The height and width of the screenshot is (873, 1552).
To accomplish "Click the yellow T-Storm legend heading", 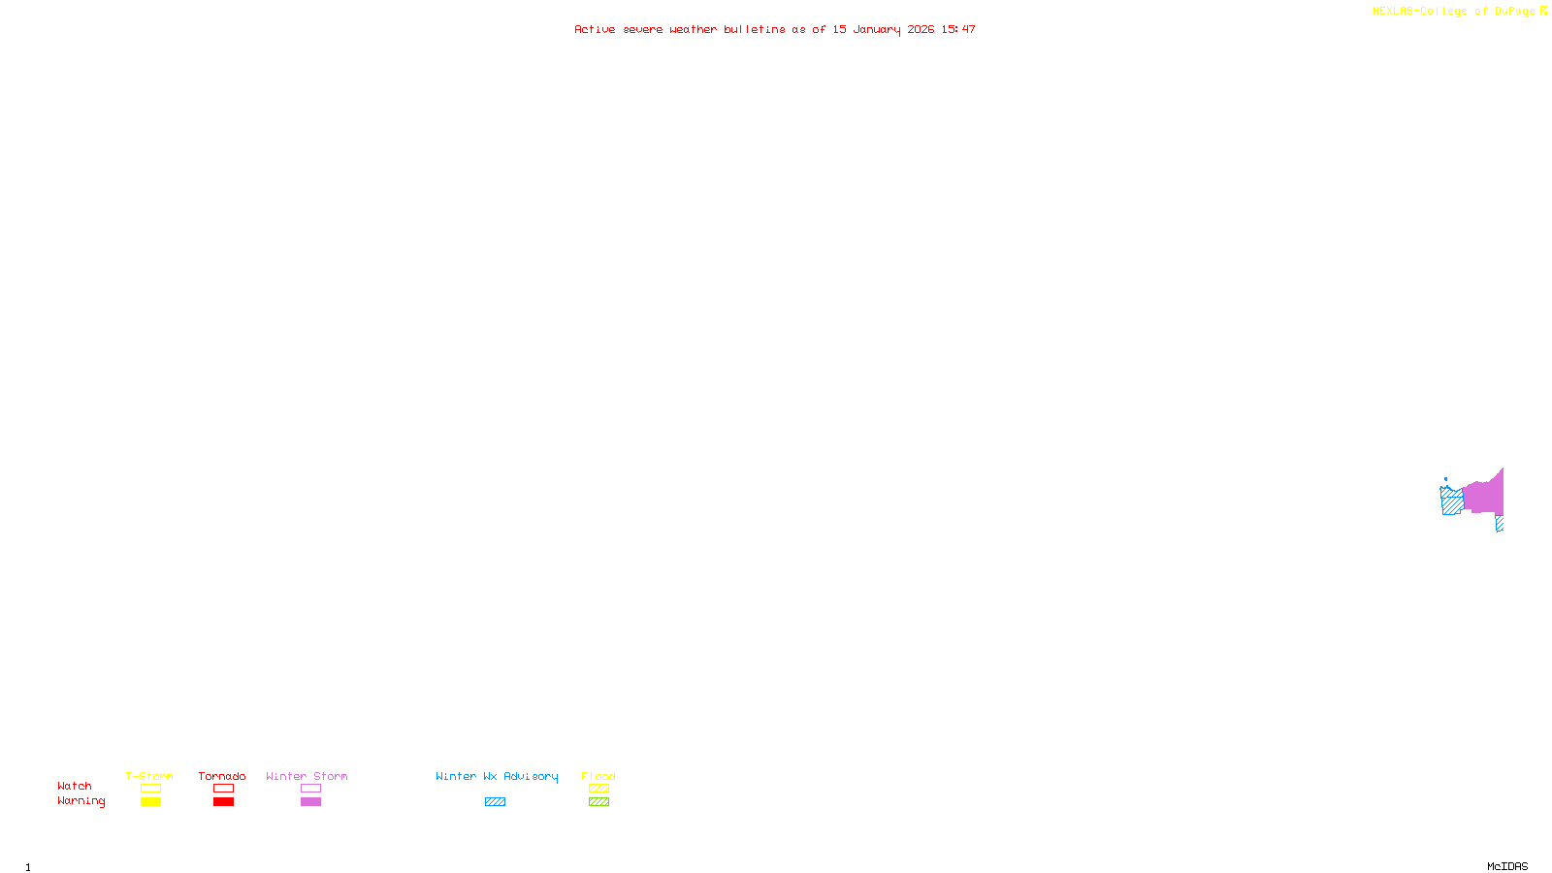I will tap(149, 776).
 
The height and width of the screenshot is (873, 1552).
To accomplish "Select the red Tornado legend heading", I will tap(222, 776).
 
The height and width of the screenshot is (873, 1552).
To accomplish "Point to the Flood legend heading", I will tap(598, 776).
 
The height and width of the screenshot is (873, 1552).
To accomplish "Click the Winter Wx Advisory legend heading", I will tap(497, 776).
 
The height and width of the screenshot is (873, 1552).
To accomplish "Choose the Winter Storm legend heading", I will tap(307, 776).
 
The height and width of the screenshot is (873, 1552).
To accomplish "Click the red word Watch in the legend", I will tap(75, 786).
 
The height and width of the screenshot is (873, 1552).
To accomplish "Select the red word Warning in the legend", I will tap(81, 801).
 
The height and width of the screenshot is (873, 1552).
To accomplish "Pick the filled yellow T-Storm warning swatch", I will tap(150, 802).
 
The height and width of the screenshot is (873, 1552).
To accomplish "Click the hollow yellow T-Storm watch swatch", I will tap(150, 789).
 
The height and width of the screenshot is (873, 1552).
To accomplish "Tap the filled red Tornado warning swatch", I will tap(223, 802).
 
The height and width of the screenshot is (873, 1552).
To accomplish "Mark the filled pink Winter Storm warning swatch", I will tap(310, 802).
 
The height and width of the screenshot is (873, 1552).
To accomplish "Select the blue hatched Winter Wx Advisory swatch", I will tap(495, 802).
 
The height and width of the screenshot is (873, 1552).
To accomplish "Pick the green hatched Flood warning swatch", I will tap(598, 802).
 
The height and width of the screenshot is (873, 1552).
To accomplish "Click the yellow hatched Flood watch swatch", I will tap(598, 789).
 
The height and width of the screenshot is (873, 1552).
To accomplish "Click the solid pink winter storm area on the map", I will tap(1484, 497).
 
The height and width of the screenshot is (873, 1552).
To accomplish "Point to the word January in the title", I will tap(877, 29).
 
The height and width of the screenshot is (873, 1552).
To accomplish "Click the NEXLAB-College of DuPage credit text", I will tap(1454, 11).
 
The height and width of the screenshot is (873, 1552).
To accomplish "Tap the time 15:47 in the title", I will tap(958, 29).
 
